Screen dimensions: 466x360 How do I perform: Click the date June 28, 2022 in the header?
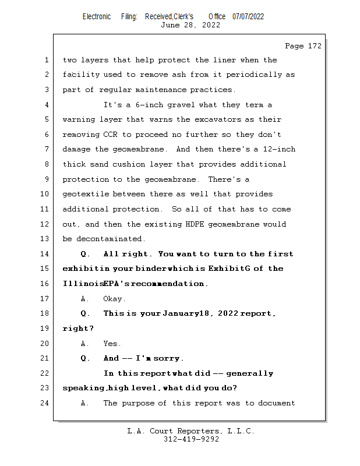[x=190, y=25]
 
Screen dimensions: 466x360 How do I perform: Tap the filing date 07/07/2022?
[x=248, y=16]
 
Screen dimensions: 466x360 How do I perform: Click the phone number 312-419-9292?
[x=192, y=440]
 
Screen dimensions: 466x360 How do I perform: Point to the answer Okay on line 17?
[x=114, y=299]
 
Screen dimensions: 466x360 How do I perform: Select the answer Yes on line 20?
[x=112, y=344]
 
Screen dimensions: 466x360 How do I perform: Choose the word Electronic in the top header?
[x=97, y=16]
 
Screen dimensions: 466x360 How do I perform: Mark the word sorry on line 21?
[x=168, y=359]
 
